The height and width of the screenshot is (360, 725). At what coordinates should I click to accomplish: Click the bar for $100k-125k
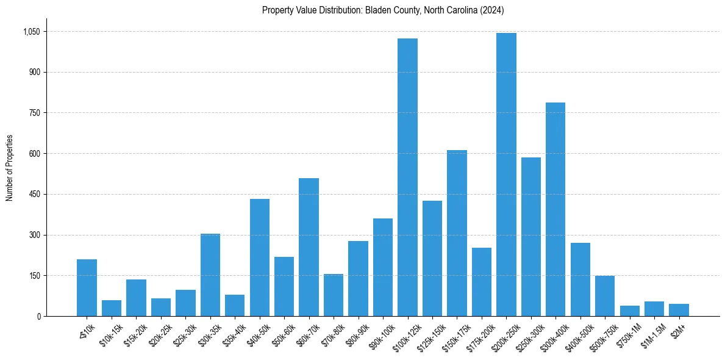coord(407,177)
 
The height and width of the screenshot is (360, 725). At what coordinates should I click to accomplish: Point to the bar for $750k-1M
coord(629,311)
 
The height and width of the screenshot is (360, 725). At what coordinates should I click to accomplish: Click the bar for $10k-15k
coord(112,308)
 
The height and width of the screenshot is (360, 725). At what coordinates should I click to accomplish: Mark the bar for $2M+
coord(679,310)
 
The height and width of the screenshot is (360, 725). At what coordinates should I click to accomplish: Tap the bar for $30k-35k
coord(210,275)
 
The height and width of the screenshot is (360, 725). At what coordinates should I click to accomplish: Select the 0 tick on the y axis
coord(38,316)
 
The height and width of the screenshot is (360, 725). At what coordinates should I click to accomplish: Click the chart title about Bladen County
coord(383,10)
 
